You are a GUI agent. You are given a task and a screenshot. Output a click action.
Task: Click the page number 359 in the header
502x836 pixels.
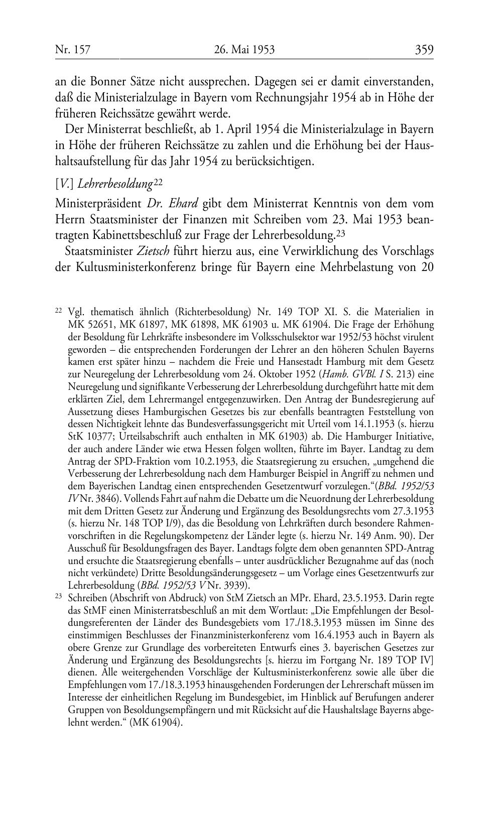424,50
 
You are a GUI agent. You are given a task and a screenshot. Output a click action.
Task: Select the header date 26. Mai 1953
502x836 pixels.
244,50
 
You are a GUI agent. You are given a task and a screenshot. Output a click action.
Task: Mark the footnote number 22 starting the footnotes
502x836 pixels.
58,311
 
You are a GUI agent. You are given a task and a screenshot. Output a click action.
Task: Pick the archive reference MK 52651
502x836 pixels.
88,324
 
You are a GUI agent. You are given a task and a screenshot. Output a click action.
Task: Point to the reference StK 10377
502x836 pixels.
88,437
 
